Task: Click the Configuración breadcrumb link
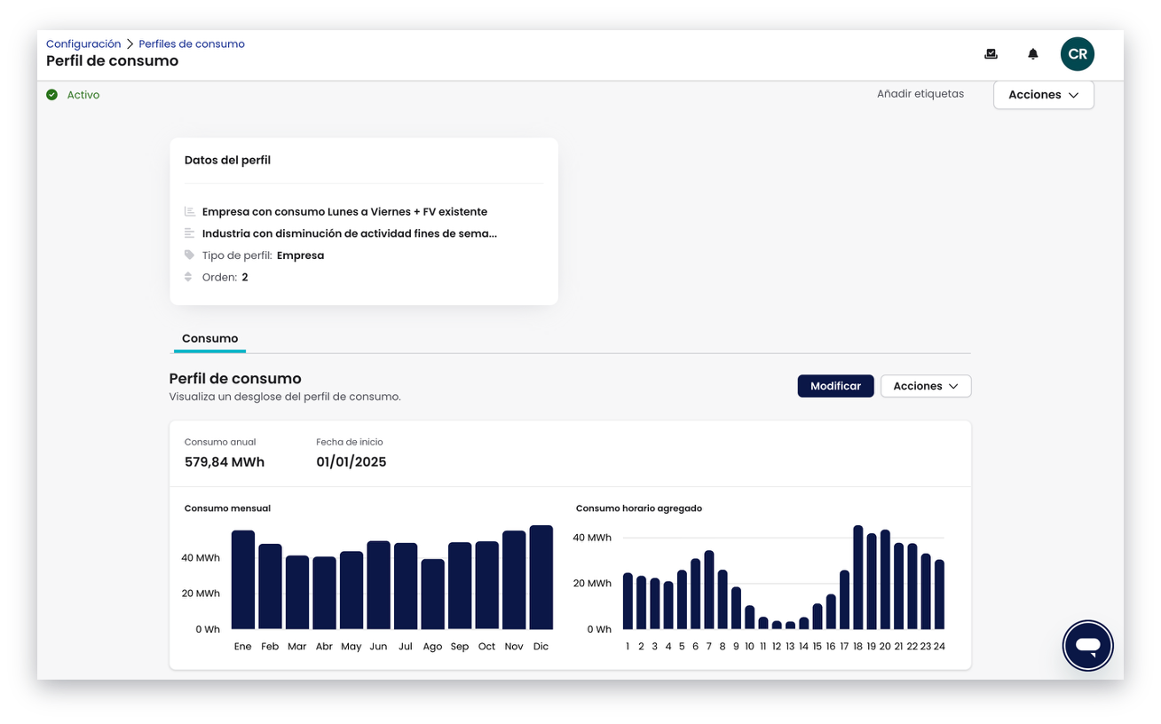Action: (83, 44)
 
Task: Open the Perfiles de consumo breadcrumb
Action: (191, 44)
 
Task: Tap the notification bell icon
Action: (1032, 54)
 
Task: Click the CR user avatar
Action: (1077, 54)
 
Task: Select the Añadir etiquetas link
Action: (920, 94)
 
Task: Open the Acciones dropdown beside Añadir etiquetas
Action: (1043, 95)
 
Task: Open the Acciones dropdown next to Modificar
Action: (926, 386)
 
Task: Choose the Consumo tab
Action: (209, 338)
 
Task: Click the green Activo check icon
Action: (51, 95)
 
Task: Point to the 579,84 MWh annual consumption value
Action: (225, 461)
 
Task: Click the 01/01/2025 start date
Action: (351, 461)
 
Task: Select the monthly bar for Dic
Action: (541, 578)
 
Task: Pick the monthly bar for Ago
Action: (433, 594)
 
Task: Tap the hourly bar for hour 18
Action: (858, 578)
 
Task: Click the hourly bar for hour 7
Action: (709, 590)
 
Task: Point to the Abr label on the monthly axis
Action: (324, 646)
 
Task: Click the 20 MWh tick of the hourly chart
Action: (592, 583)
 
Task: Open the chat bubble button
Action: (1087, 646)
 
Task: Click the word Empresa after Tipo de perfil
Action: (301, 256)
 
